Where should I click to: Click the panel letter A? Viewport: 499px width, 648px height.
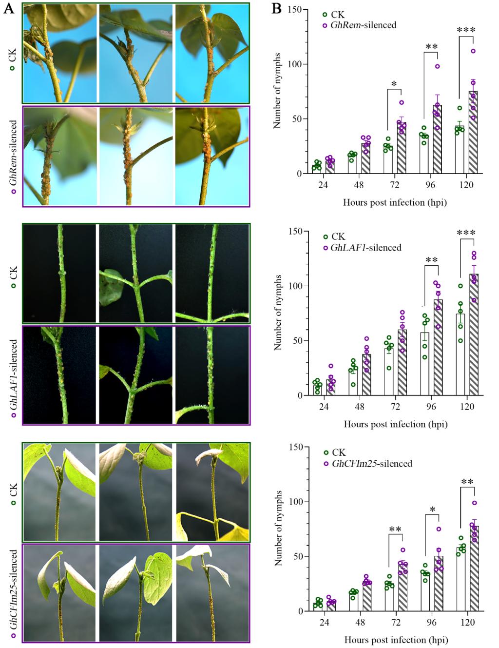[x=8, y=10]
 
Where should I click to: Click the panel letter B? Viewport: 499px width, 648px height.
[x=276, y=9]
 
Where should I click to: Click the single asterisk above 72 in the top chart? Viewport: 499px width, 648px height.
[x=394, y=84]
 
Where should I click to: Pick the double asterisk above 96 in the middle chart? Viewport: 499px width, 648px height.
[x=431, y=260]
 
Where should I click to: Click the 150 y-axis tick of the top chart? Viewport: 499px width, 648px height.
[x=294, y=10]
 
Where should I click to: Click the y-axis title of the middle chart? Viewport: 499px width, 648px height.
[x=278, y=313]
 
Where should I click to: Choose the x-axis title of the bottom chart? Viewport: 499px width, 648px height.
[x=395, y=639]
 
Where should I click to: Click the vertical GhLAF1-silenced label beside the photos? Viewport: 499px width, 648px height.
[x=14, y=373]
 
